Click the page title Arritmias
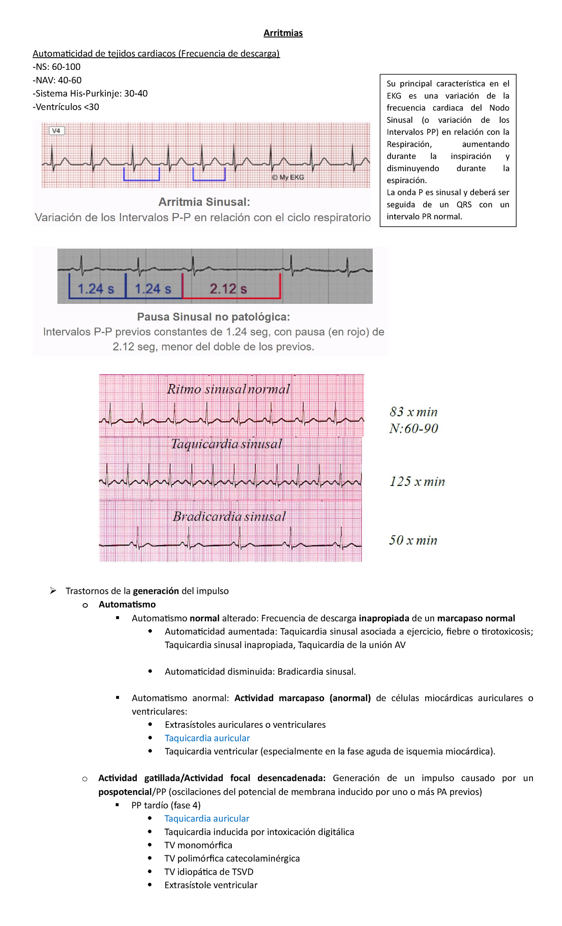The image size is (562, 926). coord(283,33)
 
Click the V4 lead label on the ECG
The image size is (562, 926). coord(56,131)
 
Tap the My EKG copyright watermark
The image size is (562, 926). coord(288,177)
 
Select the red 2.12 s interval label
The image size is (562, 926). coord(228,289)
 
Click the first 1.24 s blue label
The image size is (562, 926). coord(96,289)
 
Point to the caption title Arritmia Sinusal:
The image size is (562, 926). coord(204,202)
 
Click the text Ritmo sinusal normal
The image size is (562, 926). coord(228,389)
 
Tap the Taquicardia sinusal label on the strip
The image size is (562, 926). coord(226,444)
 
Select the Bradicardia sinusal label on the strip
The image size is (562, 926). coord(229,516)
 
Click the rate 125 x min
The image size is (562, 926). coord(417,481)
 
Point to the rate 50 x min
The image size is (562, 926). coord(413,540)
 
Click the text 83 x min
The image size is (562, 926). coord(413,412)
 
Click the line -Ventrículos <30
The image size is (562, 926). coord(66,107)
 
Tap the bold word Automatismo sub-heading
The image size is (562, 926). coord(127,605)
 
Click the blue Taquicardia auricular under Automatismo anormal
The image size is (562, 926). coord(207,738)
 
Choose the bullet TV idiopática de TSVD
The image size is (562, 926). coord(208,872)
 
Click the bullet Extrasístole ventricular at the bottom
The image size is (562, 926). coord(211,885)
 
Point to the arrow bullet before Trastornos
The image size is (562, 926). coord(53,591)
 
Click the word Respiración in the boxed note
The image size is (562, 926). coord(409,144)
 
